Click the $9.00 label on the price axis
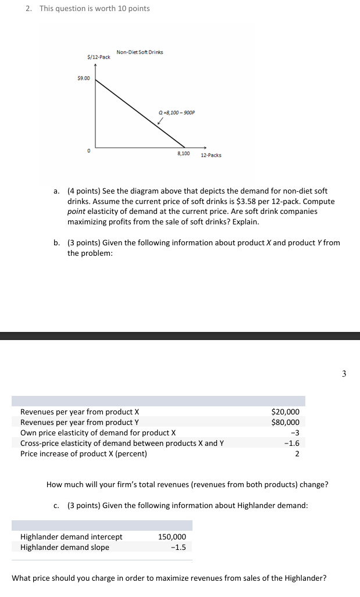coord(83,78)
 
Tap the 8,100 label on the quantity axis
coord(183,153)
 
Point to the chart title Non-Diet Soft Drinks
coord(140,52)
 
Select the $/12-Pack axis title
coord(99,57)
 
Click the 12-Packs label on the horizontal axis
coord(211,155)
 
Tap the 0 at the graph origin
coord(89,150)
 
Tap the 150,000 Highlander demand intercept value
coord(172,537)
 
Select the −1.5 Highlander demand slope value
coord(178,548)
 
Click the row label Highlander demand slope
coord(65,548)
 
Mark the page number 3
coord(344,374)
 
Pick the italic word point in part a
coord(76,212)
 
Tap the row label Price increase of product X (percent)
coord(83,453)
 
